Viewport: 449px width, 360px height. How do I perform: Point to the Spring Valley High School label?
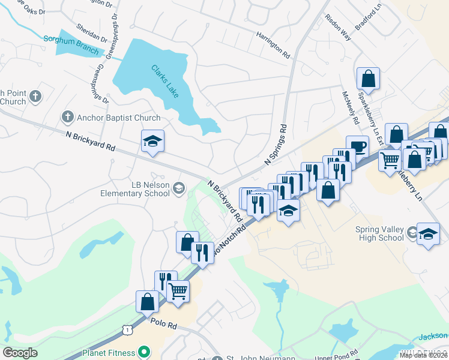coord(388,233)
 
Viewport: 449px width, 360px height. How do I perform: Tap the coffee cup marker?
coord(358,146)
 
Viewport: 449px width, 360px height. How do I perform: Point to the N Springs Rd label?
coord(276,145)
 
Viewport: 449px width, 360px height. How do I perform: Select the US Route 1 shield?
coord(125,329)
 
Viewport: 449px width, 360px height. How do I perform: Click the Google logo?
coord(20,353)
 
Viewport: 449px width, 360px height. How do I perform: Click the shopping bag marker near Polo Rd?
coord(148,301)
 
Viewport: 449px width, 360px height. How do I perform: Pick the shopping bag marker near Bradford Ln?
coord(369,78)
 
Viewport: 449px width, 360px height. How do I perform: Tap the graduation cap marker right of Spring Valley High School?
coord(428,234)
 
